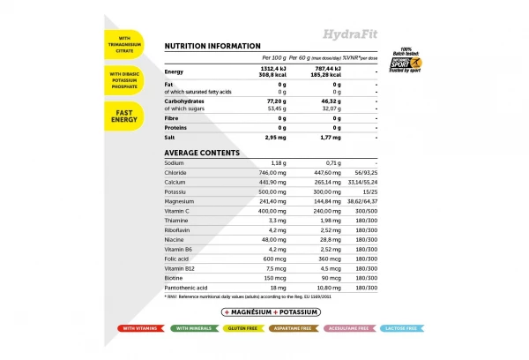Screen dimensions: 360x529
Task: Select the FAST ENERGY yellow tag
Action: (125, 115)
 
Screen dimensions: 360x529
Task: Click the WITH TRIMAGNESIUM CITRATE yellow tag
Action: (125, 43)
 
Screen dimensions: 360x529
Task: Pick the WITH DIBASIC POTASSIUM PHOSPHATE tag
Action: (125, 79)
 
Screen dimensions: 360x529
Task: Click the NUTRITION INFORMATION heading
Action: (212, 46)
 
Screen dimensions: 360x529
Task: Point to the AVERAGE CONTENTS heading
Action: (202, 153)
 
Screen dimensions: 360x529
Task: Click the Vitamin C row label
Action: (178, 212)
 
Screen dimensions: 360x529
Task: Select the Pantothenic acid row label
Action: (187, 288)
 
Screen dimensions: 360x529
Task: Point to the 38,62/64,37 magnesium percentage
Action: (362, 202)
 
